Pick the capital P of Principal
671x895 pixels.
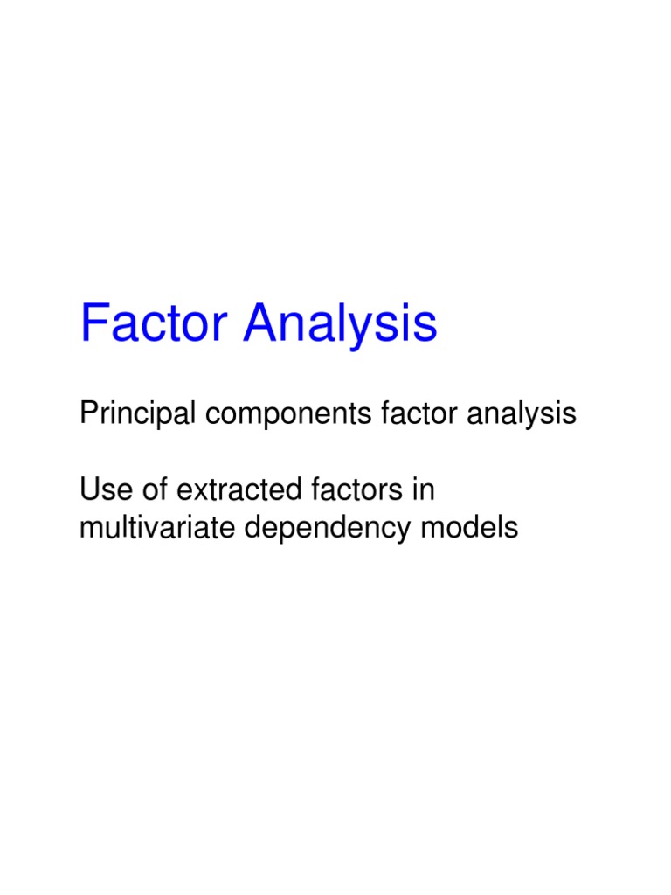(x=87, y=413)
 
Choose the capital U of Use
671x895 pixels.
(x=88, y=491)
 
